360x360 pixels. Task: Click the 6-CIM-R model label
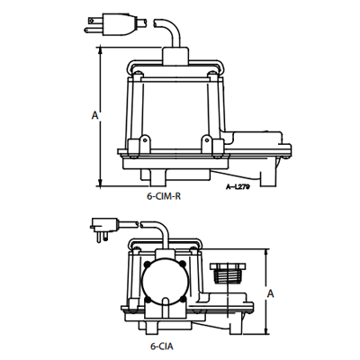click(x=164, y=197)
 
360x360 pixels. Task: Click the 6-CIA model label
click(x=162, y=346)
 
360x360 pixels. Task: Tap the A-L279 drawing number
click(x=238, y=187)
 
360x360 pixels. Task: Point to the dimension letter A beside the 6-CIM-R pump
click(x=94, y=115)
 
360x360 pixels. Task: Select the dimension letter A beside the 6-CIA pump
click(x=271, y=293)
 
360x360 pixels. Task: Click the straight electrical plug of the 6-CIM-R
click(x=115, y=23)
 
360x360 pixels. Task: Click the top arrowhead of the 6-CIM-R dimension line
click(x=101, y=51)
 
